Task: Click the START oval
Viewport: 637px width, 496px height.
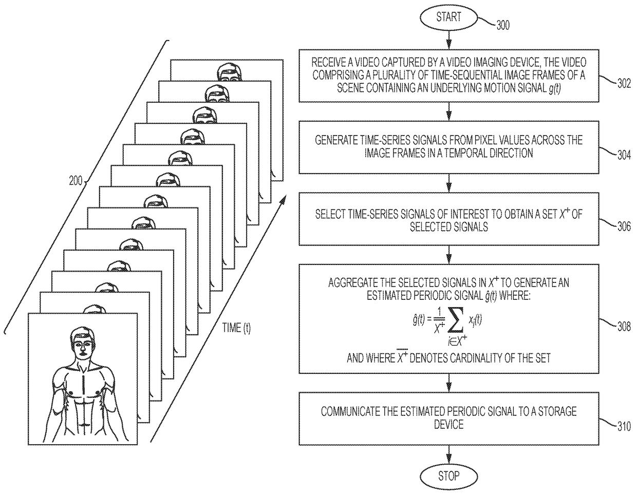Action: tap(448, 17)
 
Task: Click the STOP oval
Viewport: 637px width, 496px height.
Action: tap(448, 476)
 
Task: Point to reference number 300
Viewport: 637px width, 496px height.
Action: tap(503, 26)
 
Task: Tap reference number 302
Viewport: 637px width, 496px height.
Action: tap(624, 84)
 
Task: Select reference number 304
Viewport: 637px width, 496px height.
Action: tap(624, 155)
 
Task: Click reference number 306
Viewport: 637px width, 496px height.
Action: tap(624, 226)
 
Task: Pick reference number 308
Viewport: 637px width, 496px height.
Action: tap(624, 327)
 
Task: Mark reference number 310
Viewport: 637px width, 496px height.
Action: tap(624, 426)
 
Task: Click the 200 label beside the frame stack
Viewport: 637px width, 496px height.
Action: tap(76, 181)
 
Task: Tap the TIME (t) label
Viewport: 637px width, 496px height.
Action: tap(236, 328)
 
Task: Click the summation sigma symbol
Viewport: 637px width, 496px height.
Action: tap(456, 320)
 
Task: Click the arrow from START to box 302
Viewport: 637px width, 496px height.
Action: tap(448, 40)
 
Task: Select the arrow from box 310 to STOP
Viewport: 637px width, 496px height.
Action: tap(448, 454)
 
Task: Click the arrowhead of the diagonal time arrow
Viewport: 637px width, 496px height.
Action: tap(283, 200)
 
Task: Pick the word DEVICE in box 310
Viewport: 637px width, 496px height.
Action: tap(448, 424)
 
